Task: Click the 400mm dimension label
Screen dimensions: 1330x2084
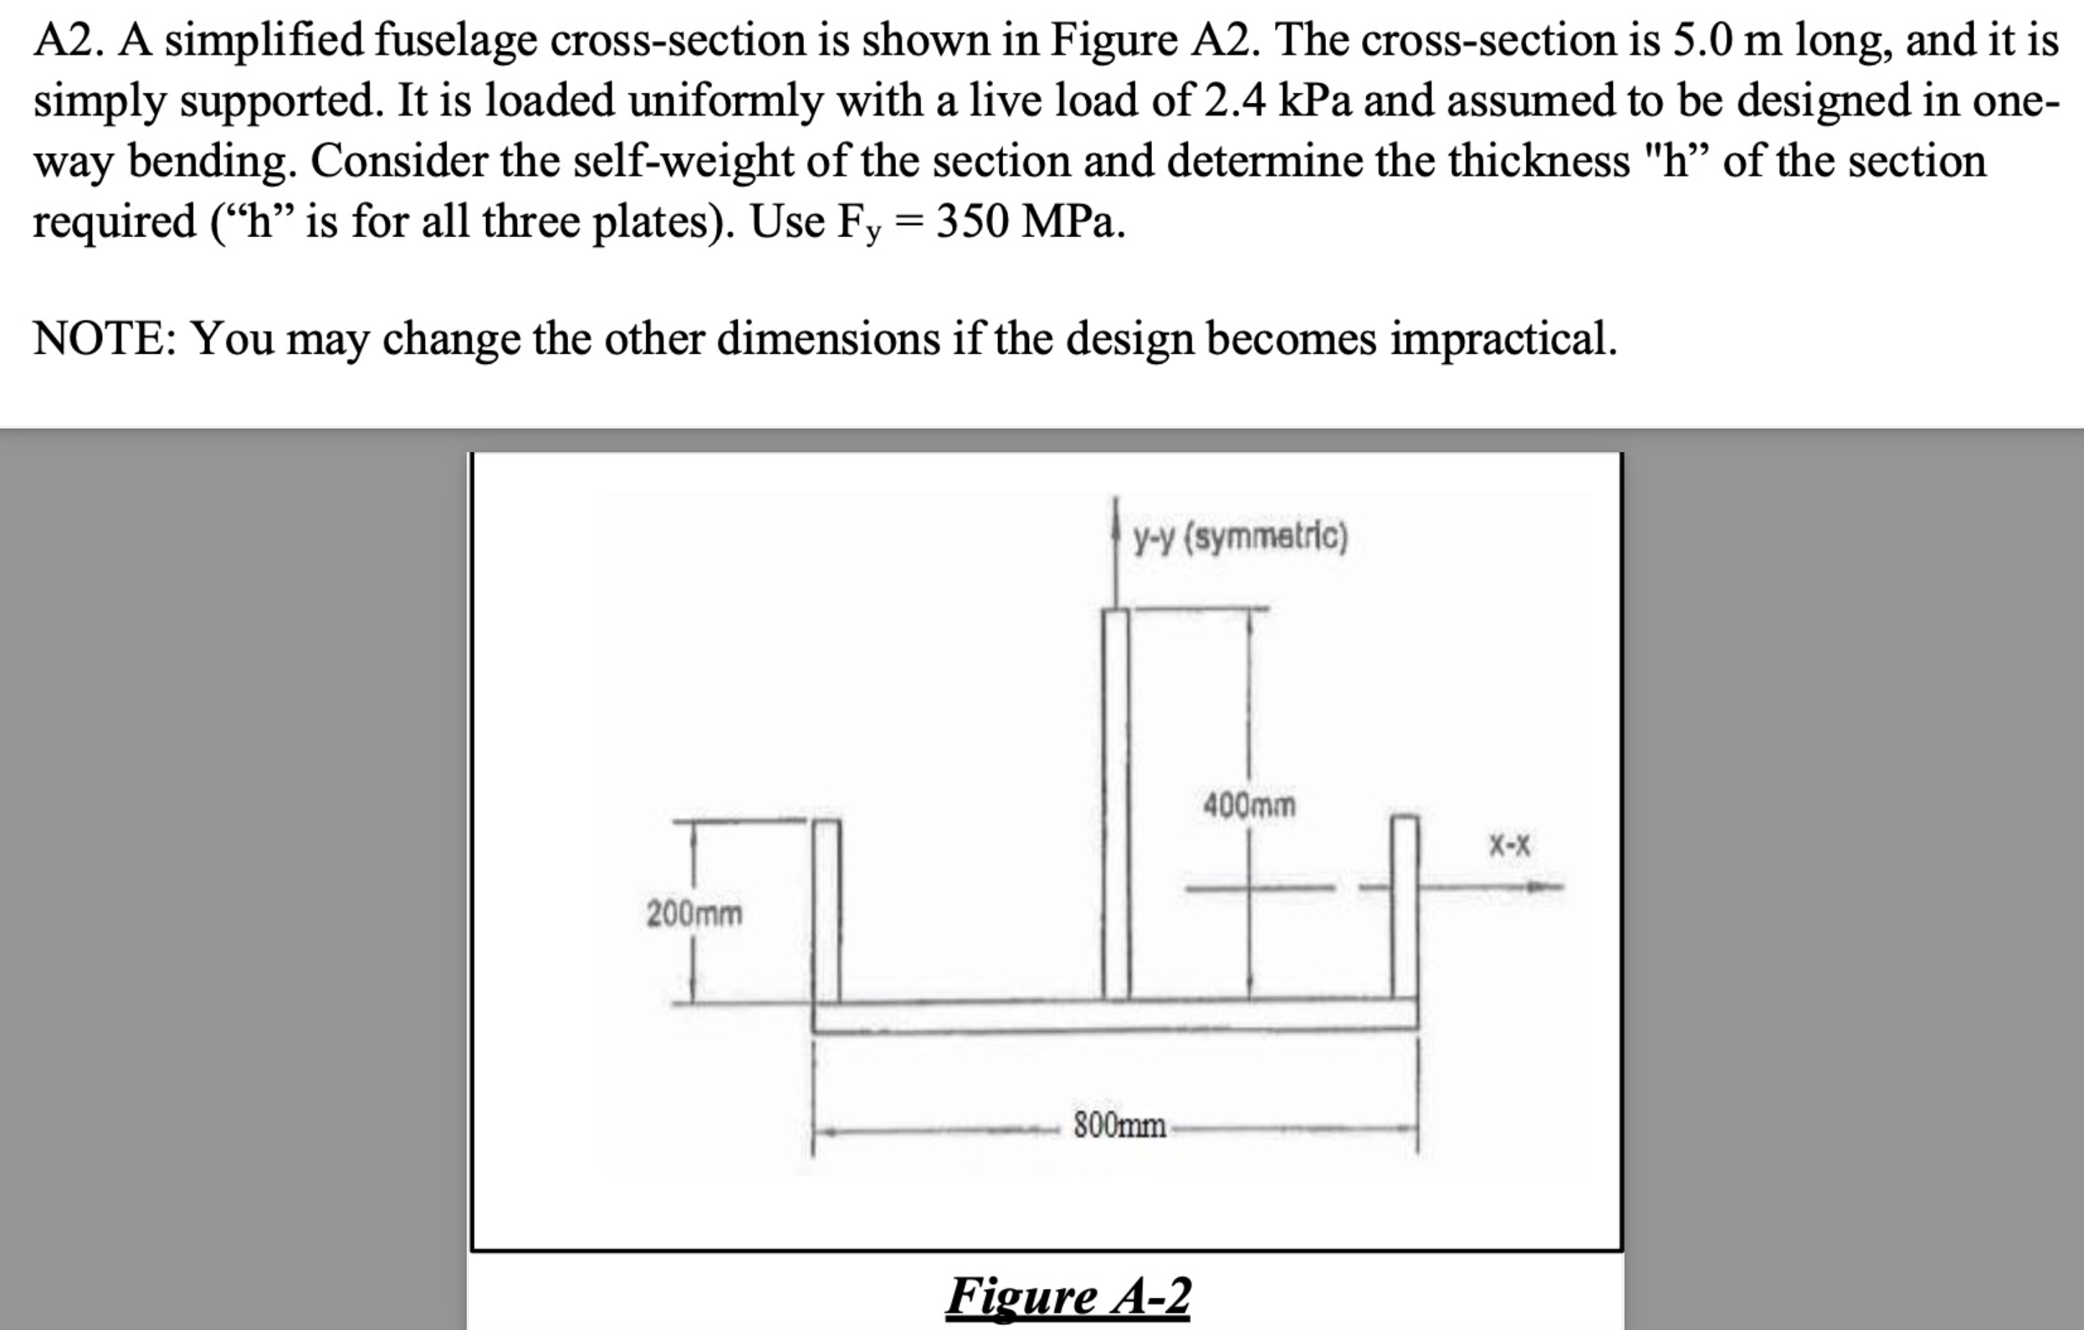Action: click(1249, 807)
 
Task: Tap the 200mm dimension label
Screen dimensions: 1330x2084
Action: click(694, 913)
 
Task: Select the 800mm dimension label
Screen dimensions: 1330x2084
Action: click(1119, 1126)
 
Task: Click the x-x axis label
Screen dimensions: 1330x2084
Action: click(1509, 845)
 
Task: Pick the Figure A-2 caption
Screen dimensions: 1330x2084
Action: click(1068, 1296)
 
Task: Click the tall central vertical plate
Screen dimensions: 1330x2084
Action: click(1115, 804)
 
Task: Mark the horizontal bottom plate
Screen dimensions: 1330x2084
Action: click(1115, 1015)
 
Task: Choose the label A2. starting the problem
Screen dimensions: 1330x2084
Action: click(68, 40)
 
